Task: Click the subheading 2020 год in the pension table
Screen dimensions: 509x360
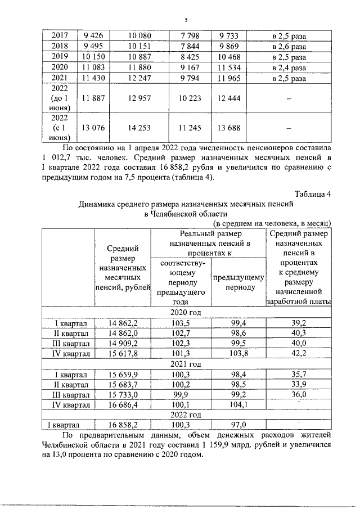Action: coord(185,312)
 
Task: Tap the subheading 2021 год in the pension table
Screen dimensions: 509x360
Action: coord(185,364)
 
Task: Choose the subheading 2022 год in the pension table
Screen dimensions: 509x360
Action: coord(185,415)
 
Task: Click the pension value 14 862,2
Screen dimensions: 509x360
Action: coord(123,323)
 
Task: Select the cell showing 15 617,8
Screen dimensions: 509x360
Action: coord(123,353)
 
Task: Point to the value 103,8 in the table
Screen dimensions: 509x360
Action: coord(236,353)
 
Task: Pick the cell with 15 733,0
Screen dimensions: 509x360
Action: coord(123,394)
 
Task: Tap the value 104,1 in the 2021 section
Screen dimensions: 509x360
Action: coord(236,404)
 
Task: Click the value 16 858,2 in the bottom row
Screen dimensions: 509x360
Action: coord(123,426)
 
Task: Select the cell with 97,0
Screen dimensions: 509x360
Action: coord(236,426)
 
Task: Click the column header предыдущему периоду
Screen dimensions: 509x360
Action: coord(236,281)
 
